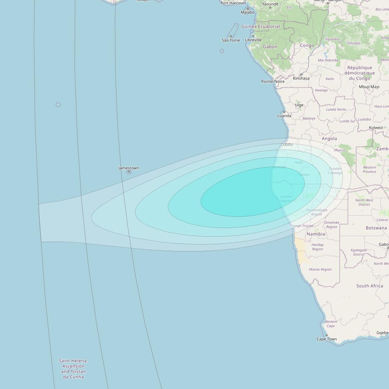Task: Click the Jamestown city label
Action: pyautogui.click(x=129, y=168)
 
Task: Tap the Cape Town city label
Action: pyautogui.click(x=326, y=339)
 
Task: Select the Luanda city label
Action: pyautogui.click(x=284, y=116)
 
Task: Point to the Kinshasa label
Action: pyautogui.click(x=301, y=78)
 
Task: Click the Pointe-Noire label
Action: pyautogui.click(x=273, y=81)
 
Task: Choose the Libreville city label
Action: pyautogui.click(x=253, y=40)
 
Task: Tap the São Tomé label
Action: pyautogui.click(x=231, y=40)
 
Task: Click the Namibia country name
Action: pyautogui.click(x=316, y=234)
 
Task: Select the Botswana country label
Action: pyautogui.click(x=376, y=228)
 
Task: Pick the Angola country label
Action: pyautogui.click(x=329, y=138)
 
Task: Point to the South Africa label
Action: pyautogui.click(x=370, y=286)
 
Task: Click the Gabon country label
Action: pyautogui.click(x=270, y=47)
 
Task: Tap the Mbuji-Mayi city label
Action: pyautogui.click(x=369, y=86)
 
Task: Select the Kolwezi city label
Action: pyautogui.click(x=376, y=128)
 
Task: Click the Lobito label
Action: pyautogui.click(x=287, y=144)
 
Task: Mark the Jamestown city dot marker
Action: pyautogui.click(x=129, y=172)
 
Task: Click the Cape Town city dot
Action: pyautogui.click(x=326, y=335)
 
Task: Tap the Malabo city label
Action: pyautogui.click(x=247, y=12)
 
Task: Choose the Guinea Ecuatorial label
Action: pyautogui.click(x=260, y=26)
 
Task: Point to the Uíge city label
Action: pyautogui.click(x=299, y=105)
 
